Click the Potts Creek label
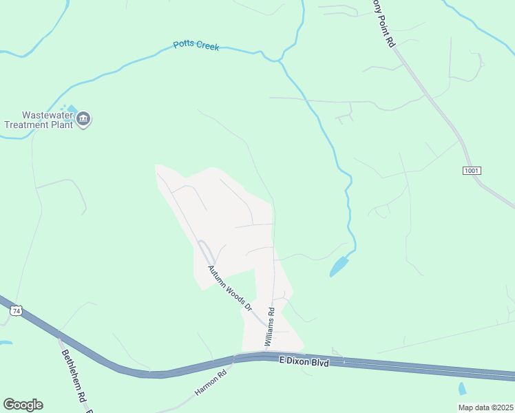coord(196,45)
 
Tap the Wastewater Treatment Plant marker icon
coord(84,120)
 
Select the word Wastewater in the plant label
coord(47,116)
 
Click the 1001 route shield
coord(472,170)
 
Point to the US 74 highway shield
coord(16,312)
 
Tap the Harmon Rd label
coord(211,383)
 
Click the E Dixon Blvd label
coord(304,361)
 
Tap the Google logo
coord(23,404)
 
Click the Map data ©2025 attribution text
coord(485,407)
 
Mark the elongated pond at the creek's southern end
coord(339,266)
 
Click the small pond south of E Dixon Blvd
coord(462,389)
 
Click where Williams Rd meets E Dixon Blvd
coord(265,354)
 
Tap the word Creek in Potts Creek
coord(207,46)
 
